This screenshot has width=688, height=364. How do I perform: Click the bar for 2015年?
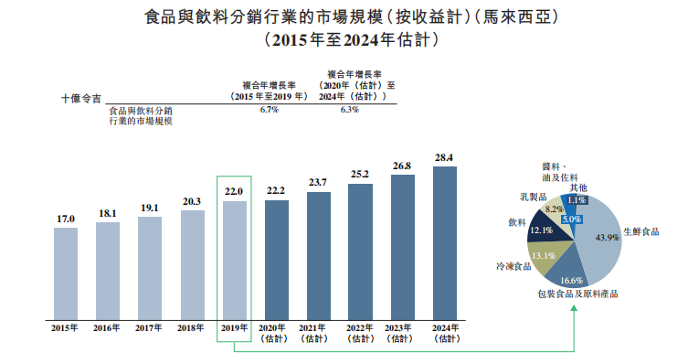pos(66,273)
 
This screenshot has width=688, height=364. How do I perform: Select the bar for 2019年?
pos(235,261)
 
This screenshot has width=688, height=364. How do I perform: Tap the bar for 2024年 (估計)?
pos(444,243)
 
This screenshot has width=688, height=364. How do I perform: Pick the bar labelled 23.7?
pos(319,256)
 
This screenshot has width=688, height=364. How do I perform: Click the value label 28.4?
pos(444,157)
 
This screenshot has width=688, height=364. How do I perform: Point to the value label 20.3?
pos(192,201)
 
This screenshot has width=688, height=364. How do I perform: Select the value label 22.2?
pos(276,190)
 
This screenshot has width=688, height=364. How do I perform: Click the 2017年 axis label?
pos(149,328)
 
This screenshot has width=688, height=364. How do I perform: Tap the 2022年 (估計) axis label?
pos(360,333)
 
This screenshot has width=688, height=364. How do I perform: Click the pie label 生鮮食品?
pos(641,231)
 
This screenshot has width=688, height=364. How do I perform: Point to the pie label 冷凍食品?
pos(513,266)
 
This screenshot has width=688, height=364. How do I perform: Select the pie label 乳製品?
pos(533,198)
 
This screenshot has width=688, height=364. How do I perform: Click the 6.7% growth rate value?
pos(269,110)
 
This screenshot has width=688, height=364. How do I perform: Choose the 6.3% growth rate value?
pos(350,110)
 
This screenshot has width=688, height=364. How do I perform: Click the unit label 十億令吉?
pos(81,99)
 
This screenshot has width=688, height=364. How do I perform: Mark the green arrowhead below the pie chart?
pos(574,308)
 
